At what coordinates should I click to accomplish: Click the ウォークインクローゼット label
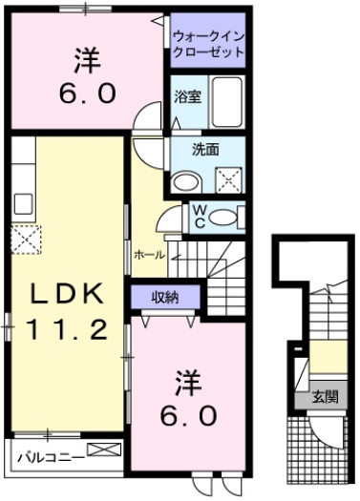coord(208,44)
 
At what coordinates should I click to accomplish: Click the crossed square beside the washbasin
coord(226,177)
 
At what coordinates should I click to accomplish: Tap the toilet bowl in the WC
coord(223,216)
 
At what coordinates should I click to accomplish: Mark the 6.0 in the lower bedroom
coord(187,417)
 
